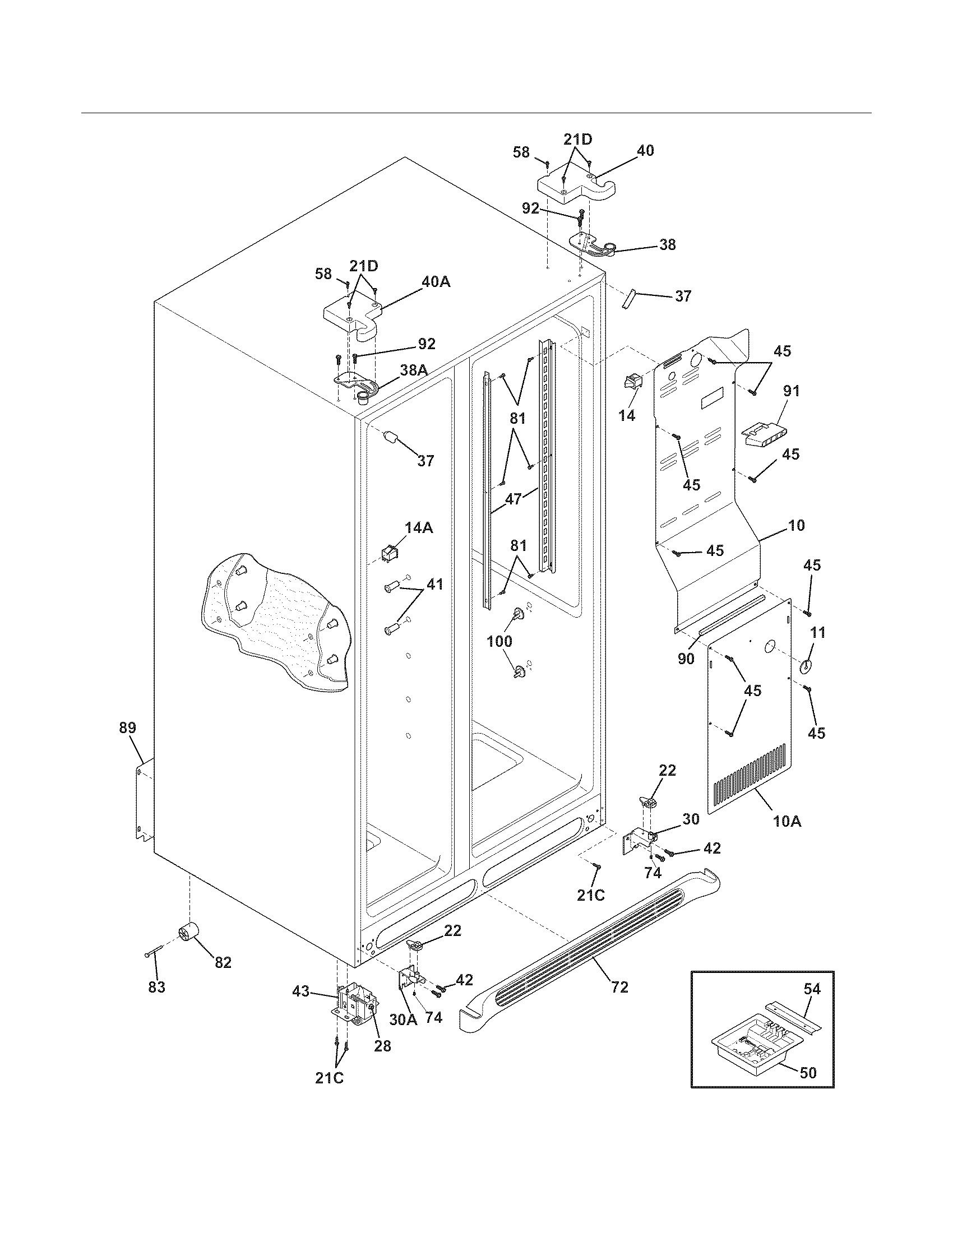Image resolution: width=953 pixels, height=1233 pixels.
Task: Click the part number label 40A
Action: point(436,282)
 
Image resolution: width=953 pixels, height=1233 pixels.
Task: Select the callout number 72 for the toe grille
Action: point(619,988)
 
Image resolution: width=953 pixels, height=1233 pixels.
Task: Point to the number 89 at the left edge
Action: point(128,727)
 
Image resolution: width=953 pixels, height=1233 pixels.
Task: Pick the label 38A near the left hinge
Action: point(413,370)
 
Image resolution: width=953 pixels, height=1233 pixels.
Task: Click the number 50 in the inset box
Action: point(808,1072)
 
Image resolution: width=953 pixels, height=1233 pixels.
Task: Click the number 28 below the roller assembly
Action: point(382,1046)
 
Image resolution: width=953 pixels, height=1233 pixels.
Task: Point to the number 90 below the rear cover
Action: point(686,659)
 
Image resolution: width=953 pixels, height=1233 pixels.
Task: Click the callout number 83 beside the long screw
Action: point(157,987)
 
